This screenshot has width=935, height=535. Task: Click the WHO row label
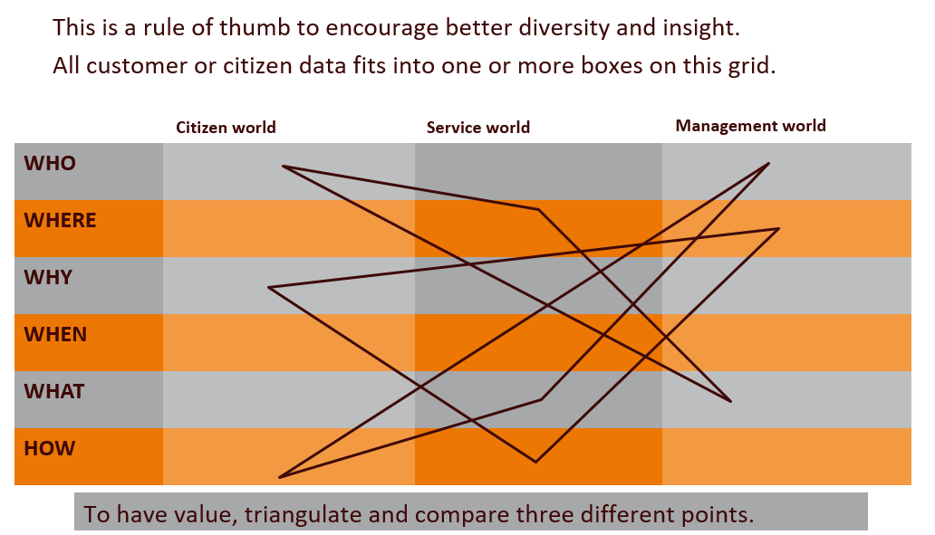point(50,164)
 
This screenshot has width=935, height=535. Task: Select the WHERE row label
point(60,221)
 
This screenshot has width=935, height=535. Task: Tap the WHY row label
point(48,278)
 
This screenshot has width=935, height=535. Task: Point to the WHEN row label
point(55,335)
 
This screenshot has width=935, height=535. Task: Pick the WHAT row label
point(53,392)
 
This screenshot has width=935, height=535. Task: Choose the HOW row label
point(49,449)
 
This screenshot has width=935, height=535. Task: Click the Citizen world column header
point(226,128)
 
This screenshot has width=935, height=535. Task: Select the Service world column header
point(478,128)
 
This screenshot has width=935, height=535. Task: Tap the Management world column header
point(751,126)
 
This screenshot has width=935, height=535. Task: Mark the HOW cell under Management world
point(786,456)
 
